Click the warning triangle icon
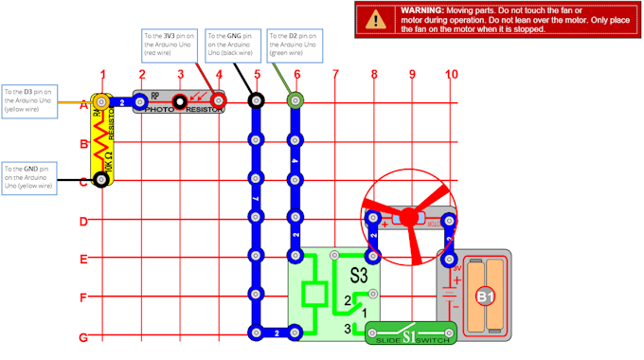(378, 18)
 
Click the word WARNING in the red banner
(423, 9)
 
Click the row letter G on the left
(83, 337)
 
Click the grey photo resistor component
(180, 102)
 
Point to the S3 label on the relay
(358, 278)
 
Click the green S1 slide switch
(410, 333)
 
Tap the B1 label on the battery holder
(485, 297)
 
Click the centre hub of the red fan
(409, 218)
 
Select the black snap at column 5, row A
(256, 99)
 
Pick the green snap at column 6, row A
(295, 99)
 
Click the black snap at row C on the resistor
(98, 179)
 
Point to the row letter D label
(83, 222)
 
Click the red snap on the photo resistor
(219, 99)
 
